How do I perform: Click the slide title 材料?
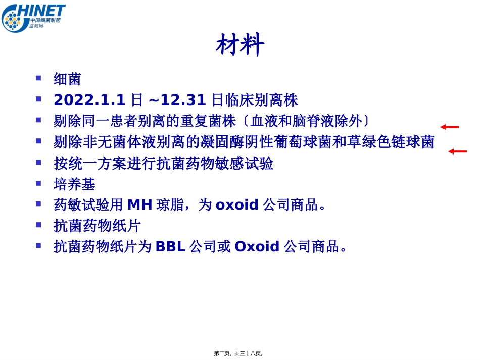(x=240, y=45)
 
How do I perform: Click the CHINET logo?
(x=33, y=17)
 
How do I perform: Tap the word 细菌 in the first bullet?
(x=67, y=79)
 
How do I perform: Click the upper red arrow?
(x=449, y=127)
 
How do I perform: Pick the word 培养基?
(x=74, y=184)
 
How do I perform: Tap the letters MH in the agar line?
(x=139, y=205)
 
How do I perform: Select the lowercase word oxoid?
(x=237, y=205)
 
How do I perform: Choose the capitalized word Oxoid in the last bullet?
(x=257, y=247)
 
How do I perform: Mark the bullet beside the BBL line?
(x=38, y=245)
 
